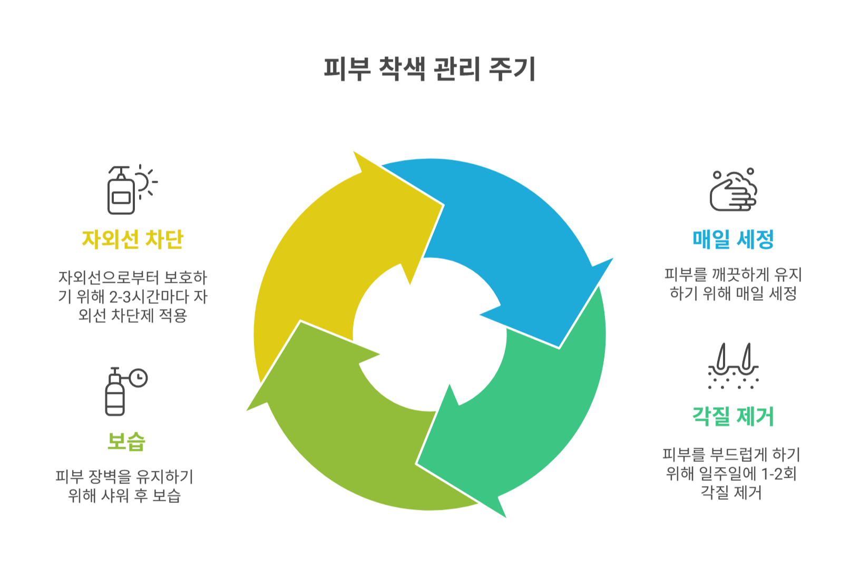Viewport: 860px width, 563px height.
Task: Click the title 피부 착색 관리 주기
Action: [x=429, y=69]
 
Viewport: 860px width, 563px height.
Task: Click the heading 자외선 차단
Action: [x=132, y=239]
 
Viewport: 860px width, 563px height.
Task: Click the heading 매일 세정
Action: [x=733, y=239]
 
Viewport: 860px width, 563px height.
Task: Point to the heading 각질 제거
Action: [x=733, y=417]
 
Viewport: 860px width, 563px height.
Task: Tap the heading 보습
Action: [x=126, y=441]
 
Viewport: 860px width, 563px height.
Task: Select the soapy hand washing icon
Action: [x=733, y=190]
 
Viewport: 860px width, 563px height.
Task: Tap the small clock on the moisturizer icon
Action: [x=139, y=378]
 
